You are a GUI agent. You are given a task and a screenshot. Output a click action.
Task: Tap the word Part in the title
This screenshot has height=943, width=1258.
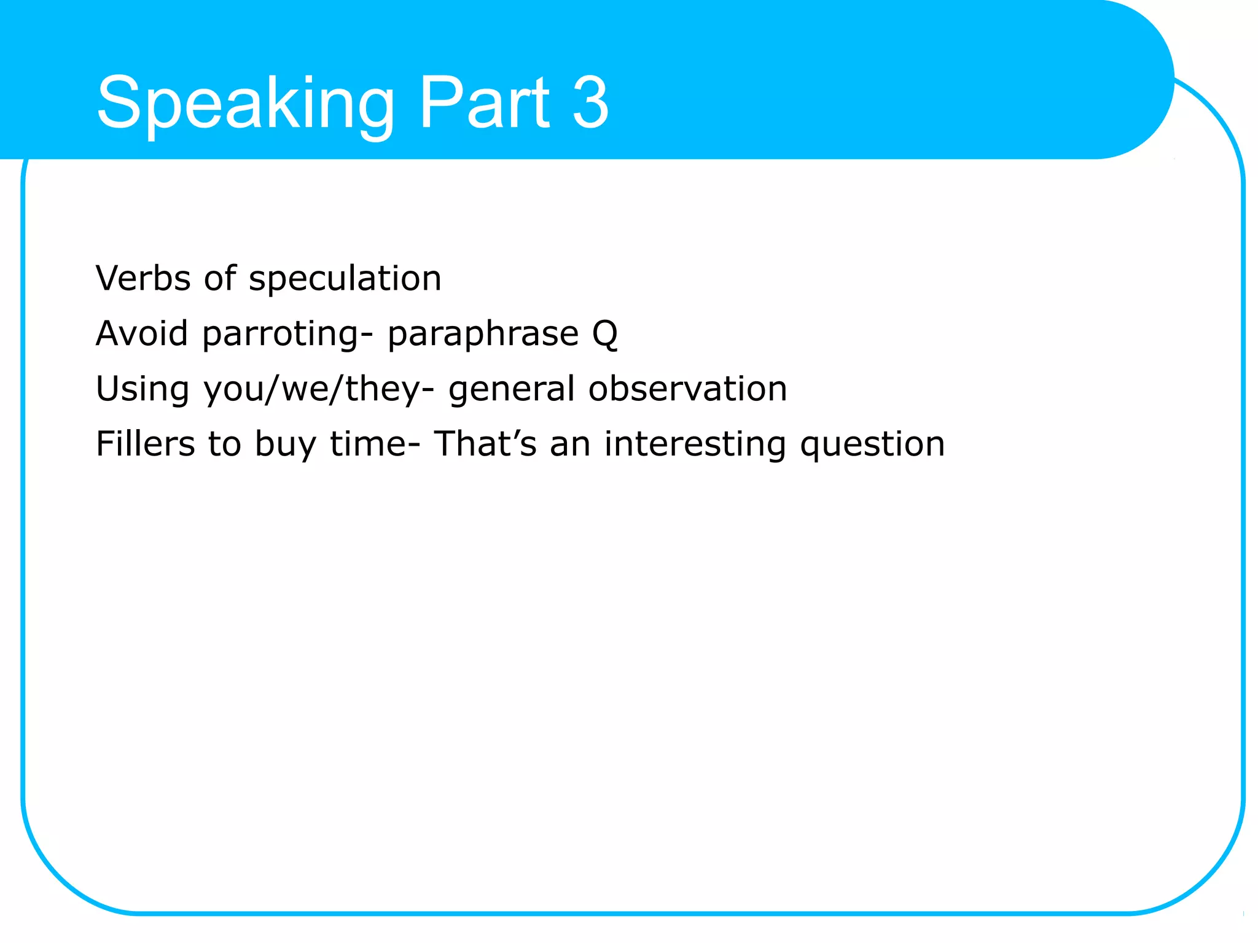(484, 103)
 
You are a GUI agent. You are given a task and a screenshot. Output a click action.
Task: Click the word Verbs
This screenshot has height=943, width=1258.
(143, 278)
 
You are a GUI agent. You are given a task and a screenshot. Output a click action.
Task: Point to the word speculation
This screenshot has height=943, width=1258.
(345, 279)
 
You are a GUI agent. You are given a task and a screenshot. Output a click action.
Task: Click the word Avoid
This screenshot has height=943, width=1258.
(142, 333)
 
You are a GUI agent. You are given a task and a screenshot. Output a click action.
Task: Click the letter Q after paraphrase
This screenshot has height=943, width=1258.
(605, 335)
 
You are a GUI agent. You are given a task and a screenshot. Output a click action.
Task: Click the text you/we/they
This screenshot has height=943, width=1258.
(312, 390)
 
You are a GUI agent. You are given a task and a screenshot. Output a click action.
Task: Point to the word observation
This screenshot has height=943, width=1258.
(687, 389)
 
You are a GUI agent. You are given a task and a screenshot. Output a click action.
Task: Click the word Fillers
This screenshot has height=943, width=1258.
(145, 444)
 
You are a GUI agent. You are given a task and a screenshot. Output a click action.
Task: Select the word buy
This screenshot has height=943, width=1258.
(285, 445)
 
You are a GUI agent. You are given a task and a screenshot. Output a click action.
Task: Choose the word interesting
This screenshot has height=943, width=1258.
(695, 445)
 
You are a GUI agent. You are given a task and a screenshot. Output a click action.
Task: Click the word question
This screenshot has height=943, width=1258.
(872, 445)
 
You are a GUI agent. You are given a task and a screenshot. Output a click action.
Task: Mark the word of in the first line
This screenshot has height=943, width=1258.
(220, 278)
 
